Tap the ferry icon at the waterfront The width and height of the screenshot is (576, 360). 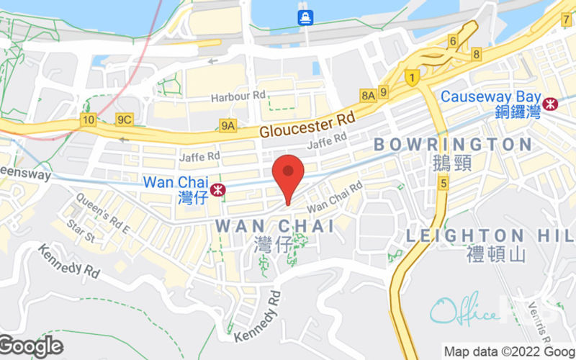[305, 18]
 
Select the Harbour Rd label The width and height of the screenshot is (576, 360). [238, 96]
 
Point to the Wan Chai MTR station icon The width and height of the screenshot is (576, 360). [219, 189]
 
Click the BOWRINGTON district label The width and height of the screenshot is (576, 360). [453, 145]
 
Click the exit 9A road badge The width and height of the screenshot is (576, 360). [228, 126]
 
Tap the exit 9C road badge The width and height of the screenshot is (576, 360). [124, 120]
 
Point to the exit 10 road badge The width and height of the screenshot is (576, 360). [89, 120]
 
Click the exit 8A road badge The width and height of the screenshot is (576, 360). [369, 94]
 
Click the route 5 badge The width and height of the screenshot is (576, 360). [444, 184]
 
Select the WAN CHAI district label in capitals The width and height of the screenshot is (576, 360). [274, 226]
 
